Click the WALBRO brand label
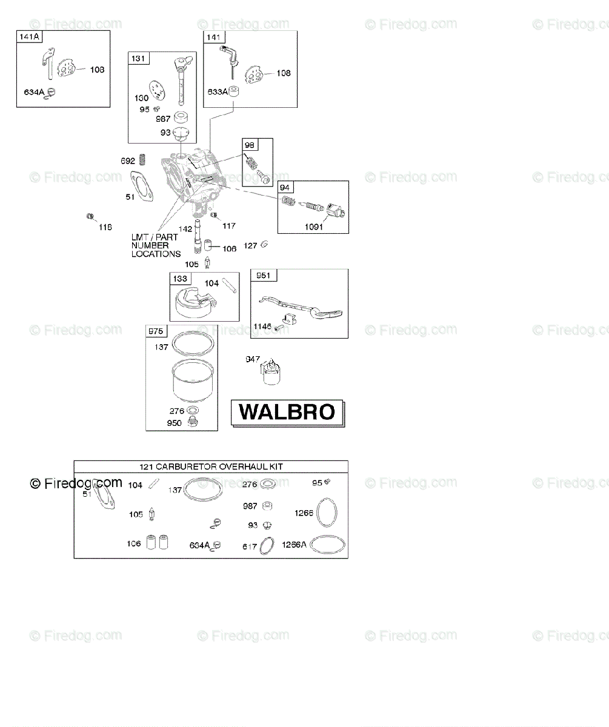[x=287, y=412]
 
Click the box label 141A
[x=29, y=37]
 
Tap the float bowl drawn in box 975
[x=192, y=379]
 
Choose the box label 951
[x=263, y=276]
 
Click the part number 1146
[x=262, y=327]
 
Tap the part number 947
[x=253, y=359]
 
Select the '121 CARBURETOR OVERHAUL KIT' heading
[x=211, y=466]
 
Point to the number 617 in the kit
[x=250, y=546]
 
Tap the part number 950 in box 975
[x=174, y=423]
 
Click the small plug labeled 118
[x=89, y=216]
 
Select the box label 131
[x=139, y=58]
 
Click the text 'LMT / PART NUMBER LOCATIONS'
[x=155, y=245]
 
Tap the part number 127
[x=251, y=245]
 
